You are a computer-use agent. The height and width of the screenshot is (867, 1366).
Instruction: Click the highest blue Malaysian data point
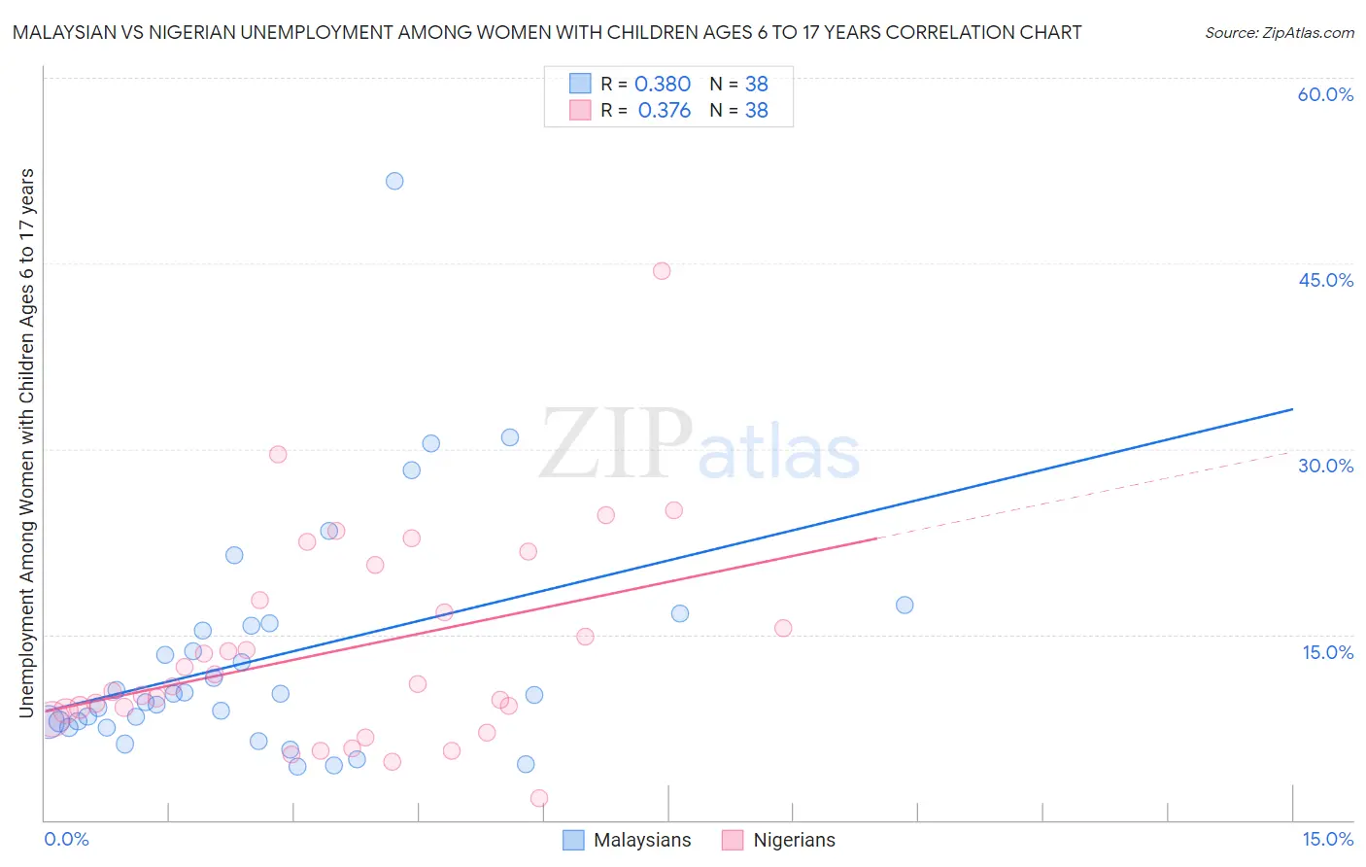pos(394,181)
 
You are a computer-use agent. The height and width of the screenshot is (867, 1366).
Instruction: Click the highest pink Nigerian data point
pos(662,271)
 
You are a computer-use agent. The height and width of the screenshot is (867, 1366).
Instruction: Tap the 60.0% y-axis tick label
pos(1325,94)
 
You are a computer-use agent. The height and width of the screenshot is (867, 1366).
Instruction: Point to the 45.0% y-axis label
pos(1325,280)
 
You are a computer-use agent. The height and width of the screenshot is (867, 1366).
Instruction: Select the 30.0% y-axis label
pos(1325,466)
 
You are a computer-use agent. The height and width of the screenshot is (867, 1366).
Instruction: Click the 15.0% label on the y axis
pos(1327,652)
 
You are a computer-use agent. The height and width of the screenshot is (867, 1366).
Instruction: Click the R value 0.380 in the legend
pos(662,85)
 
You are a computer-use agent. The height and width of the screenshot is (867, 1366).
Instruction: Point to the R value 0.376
pos(664,111)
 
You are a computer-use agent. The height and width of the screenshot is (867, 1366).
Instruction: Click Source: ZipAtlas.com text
pos(1279,33)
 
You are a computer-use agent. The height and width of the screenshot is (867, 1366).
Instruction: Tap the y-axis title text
pos(26,442)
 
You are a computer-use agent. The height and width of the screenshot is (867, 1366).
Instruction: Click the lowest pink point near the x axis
pos(539,798)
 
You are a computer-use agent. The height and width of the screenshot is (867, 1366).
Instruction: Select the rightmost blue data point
pos(905,605)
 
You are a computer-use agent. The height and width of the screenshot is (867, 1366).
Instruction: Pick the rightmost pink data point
pos(783,628)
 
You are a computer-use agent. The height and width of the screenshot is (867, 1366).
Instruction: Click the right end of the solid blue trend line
pos(1292,409)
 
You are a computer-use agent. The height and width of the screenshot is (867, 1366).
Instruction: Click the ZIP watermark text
pos(615,445)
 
